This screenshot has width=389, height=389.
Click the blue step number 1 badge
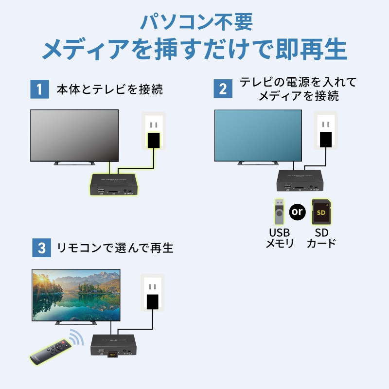pos(40,89)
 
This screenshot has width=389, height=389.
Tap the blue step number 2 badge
pos(223,89)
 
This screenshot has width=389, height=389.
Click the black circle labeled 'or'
pos(297,212)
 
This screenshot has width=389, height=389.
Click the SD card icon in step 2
pos(321,211)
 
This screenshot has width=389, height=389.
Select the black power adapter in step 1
pos(154,140)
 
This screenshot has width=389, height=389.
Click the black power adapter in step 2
pos(326,139)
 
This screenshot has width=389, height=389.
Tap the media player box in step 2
pos(300,180)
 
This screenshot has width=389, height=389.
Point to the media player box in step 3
pos(115,346)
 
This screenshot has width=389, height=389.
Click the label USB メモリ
pos(279,238)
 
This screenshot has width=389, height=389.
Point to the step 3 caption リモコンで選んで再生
pos(115,248)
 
